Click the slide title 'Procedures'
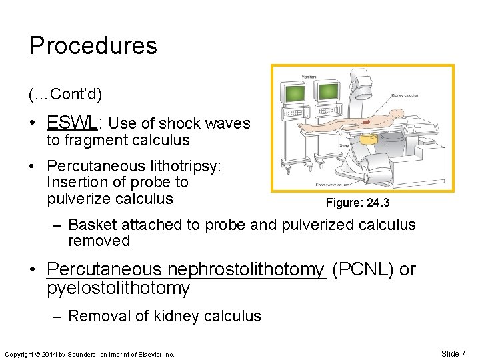pyautogui.click(x=93, y=45)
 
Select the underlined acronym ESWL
pyautogui.click(x=73, y=123)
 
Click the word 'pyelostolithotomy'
pyautogui.click(x=119, y=288)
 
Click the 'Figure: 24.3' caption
pyautogui.click(x=357, y=203)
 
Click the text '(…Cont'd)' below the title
pyautogui.click(x=65, y=95)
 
